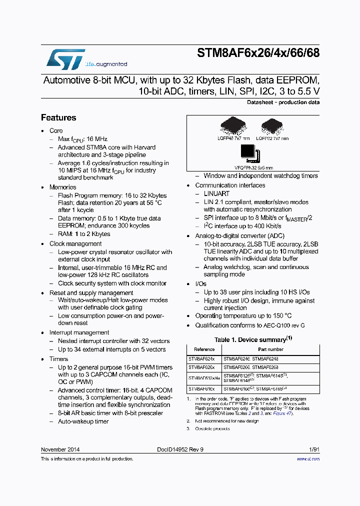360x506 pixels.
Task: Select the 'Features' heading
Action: pyautogui.click(x=58, y=117)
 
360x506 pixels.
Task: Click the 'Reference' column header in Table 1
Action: pyautogui.click(x=204, y=349)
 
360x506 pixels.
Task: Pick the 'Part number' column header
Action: pyautogui.click(x=270, y=349)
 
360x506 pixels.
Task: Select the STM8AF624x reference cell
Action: pyautogui.click(x=201, y=358)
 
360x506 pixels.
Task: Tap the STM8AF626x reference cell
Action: pyautogui.click(x=201, y=367)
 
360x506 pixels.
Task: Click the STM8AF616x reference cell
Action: pyautogui.click(x=201, y=388)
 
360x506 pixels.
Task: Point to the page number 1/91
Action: pyautogui.click(x=314, y=449)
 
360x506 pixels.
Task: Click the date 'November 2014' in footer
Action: pyautogui.click(x=60, y=449)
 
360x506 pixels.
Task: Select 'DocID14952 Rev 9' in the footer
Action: pyautogui.click(x=180, y=449)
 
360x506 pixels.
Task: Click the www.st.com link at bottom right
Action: pyautogui.click(x=310, y=458)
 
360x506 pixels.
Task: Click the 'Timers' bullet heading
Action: pyautogui.click(x=58, y=359)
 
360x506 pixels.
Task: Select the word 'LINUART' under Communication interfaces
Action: pyautogui.click(x=216, y=193)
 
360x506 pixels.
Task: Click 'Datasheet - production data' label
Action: pyautogui.click(x=283, y=102)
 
